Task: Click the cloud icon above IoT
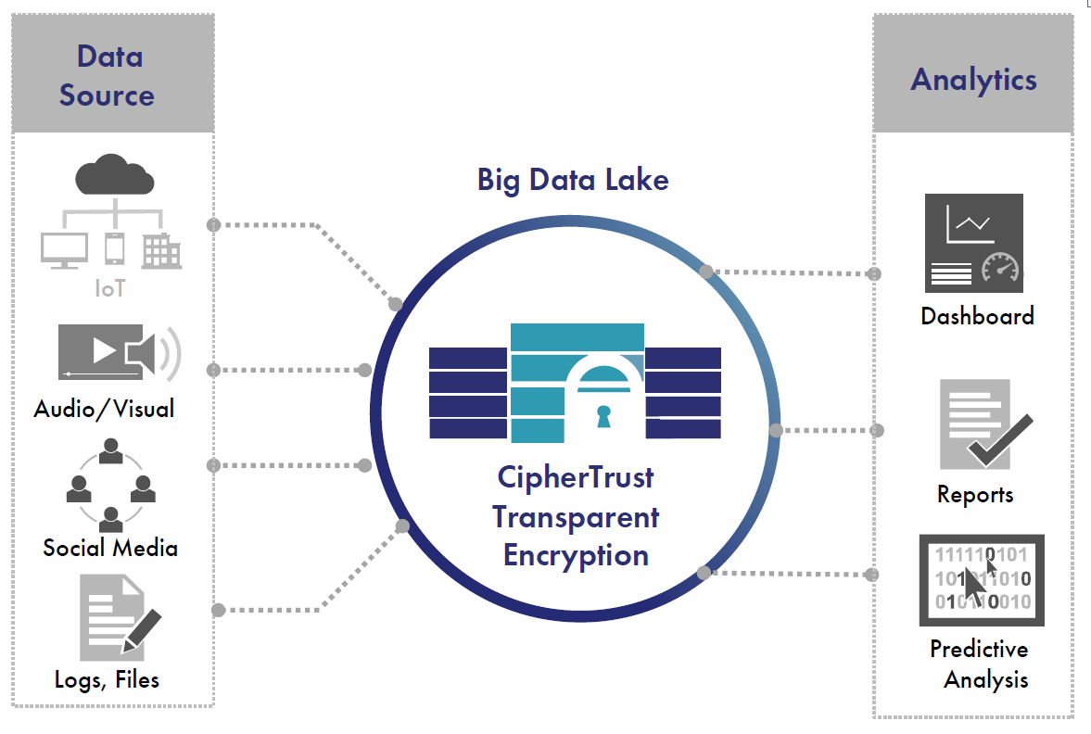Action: tap(114, 175)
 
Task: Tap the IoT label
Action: tap(110, 288)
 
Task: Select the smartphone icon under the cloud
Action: tap(115, 248)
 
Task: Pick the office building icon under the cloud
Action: tap(161, 250)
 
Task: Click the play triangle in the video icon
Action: tap(104, 351)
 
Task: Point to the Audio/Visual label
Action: tap(104, 408)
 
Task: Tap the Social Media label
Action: tap(110, 548)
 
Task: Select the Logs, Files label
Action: tap(108, 680)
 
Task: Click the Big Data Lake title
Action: tap(573, 179)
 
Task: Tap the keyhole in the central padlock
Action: tap(603, 414)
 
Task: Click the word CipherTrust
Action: tap(576, 477)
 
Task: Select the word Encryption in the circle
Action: tap(576, 555)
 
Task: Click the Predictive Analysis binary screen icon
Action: tap(982, 579)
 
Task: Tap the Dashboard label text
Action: tap(977, 316)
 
